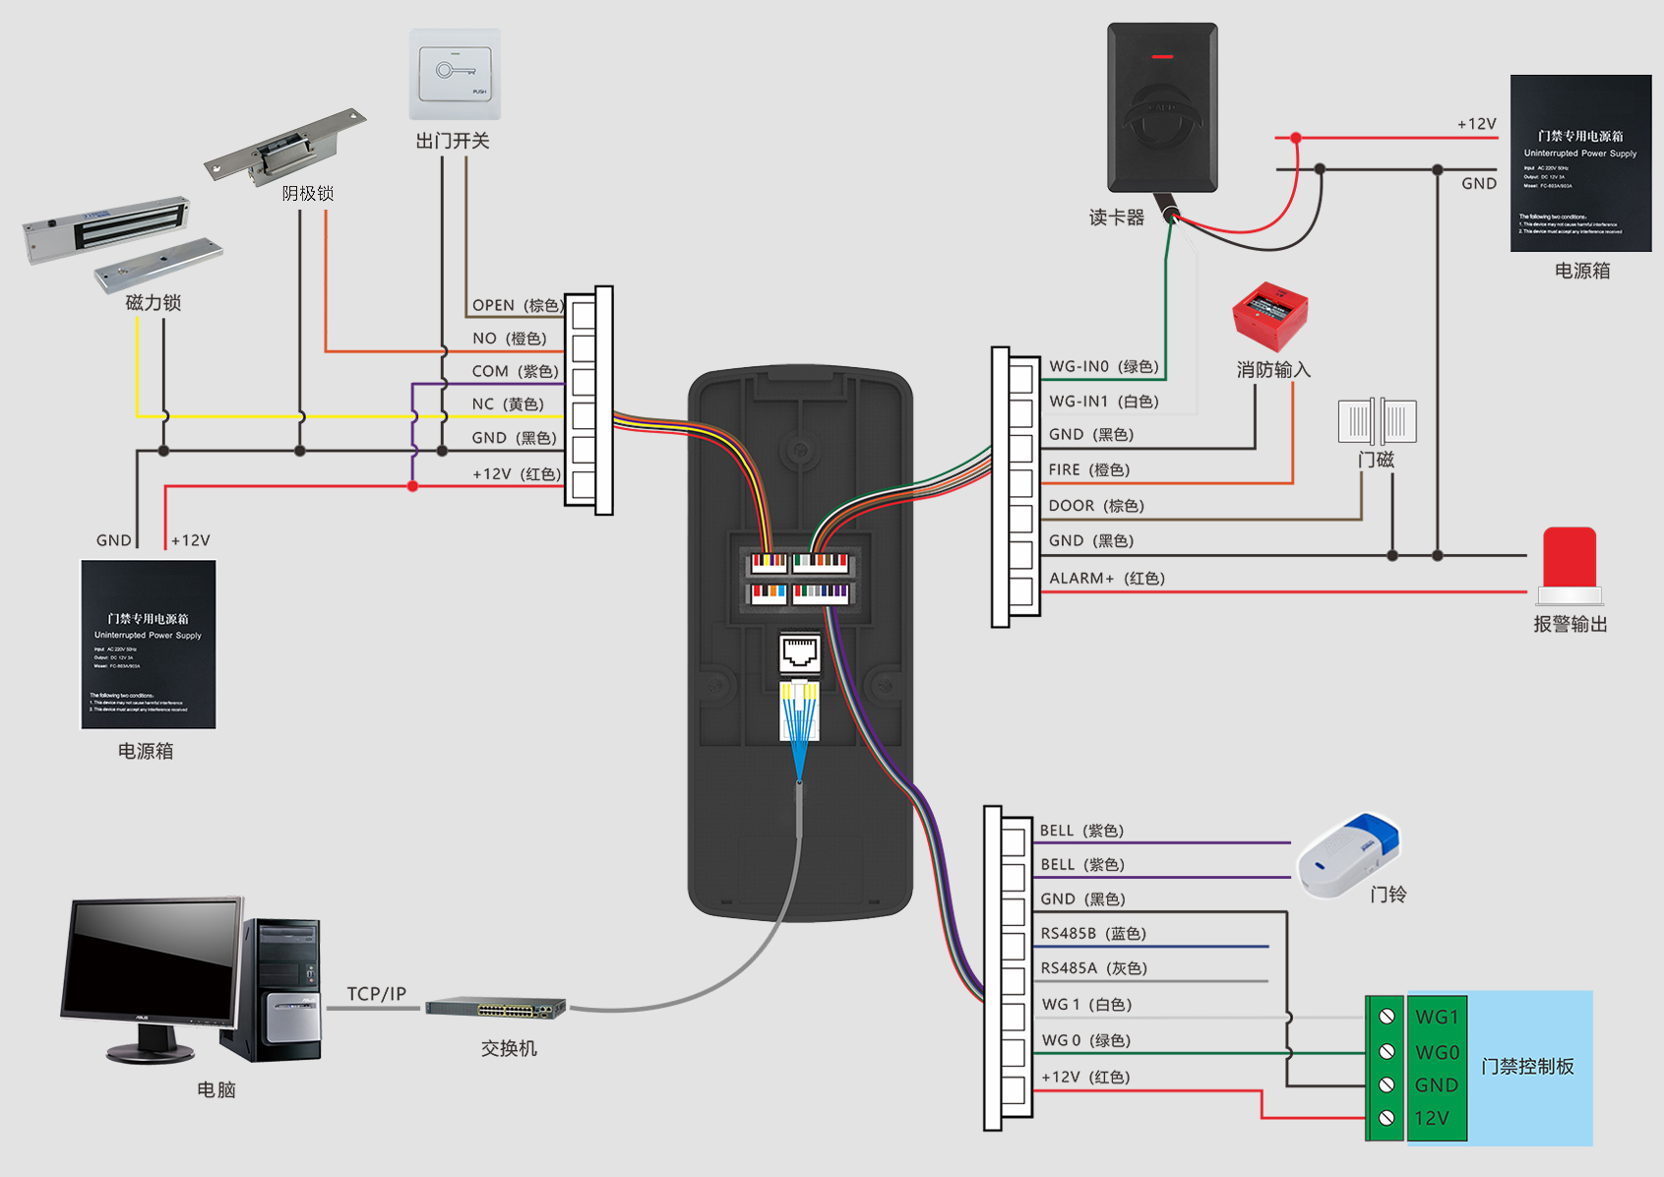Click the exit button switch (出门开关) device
[x=455, y=75]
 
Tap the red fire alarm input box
[x=1269, y=316]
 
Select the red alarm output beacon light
[x=1570, y=565]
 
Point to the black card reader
[x=1162, y=107]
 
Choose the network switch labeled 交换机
[x=496, y=1009]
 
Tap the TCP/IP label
[x=376, y=994]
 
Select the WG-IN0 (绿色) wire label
[x=1103, y=366]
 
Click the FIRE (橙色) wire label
[x=1088, y=469]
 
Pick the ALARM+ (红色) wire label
[x=1106, y=578]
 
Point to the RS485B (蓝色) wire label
[x=1092, y=933]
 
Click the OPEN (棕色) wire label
[x=516, y=305]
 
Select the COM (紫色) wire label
[x=515, y=371]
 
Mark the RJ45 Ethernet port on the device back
[x=799, y=651]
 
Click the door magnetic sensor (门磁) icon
[x=1377, y=421]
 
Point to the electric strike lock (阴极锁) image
[x=284, y=148]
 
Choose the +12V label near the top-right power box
[x=1476, y=124]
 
